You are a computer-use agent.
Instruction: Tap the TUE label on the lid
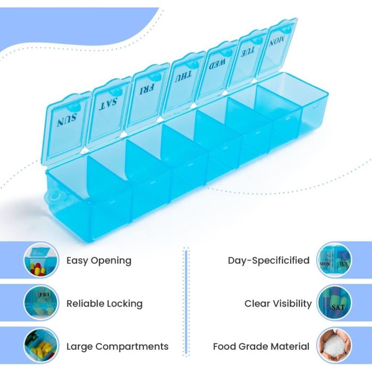(x=248, y=52)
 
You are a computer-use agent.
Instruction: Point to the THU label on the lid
(x=183, y=77)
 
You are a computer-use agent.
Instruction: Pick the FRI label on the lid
(x=147, y=89)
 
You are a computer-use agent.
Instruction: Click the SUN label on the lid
(x=67, y=120)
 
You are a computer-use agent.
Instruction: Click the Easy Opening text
(x=99, y=261)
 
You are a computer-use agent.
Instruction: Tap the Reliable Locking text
(x=104, y=303)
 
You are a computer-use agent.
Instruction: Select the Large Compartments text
(x=117, y=346)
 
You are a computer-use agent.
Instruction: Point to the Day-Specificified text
(x=268, y=260)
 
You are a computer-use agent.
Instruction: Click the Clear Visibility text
(x=278, y=303)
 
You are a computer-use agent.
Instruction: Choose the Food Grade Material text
(x=261, y=346)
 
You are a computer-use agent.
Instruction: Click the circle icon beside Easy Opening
(x=41, y=260)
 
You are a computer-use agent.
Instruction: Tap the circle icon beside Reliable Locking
(x=41, y=303)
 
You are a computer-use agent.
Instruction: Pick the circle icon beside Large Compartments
(x=41, y=346)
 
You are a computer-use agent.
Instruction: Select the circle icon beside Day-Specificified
(x=334, y=260)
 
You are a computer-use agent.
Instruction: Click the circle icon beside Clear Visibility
(x=334, y=303)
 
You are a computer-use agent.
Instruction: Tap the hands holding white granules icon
(x=334, y=345)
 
